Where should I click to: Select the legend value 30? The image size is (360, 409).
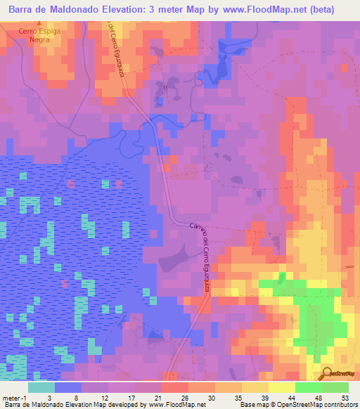202,397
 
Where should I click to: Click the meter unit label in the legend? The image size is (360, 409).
11,397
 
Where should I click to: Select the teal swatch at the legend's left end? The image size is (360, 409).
41,387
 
